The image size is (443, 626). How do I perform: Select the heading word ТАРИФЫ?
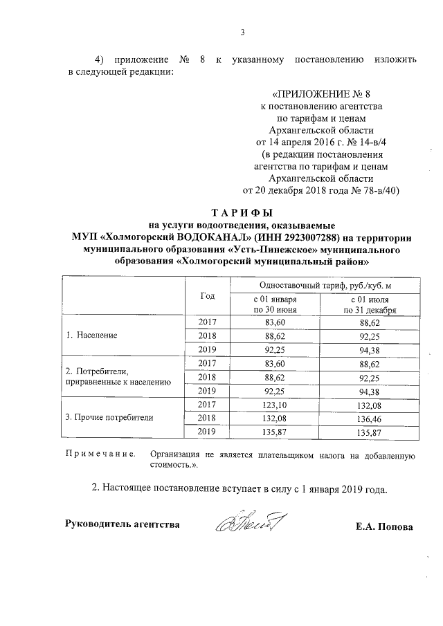tap(242, 212)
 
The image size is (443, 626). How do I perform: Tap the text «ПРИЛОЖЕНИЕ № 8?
tap(320, 94)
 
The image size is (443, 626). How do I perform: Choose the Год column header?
tap(208, 295)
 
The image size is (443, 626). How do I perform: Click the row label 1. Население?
tap(91, 335)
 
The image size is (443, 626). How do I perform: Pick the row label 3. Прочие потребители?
tap(109, 418)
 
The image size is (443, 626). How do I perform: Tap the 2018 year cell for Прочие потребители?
tap(208, 418)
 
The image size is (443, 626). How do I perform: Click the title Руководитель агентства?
tap(122, 524)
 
